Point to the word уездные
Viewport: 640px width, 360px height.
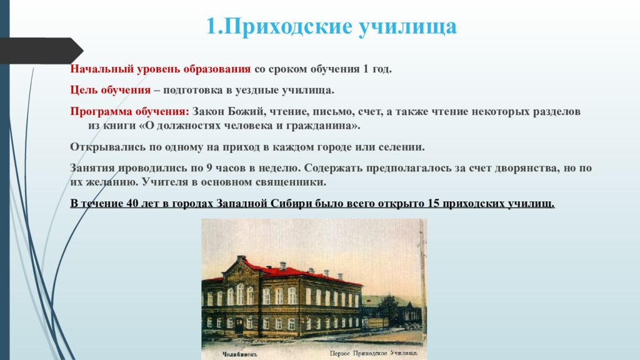256,90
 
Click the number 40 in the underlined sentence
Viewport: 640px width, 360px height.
132,203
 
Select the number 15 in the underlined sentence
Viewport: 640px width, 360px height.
433,203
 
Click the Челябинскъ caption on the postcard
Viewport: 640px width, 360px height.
240,354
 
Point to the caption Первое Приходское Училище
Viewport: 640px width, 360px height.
373,353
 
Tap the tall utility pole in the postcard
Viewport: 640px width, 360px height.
422,286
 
